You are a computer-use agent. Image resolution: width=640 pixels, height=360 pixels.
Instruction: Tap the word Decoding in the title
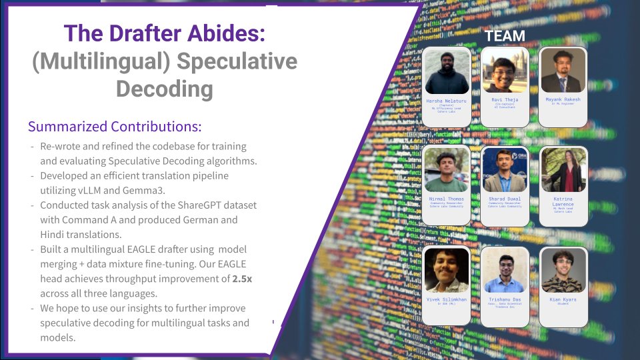point(165,89)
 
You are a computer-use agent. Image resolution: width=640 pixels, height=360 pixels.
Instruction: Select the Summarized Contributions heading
point(115,127)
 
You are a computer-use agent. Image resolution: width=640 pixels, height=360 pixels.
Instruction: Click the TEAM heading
point(504,36)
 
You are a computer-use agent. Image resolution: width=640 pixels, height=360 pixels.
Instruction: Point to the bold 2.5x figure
point(241,279)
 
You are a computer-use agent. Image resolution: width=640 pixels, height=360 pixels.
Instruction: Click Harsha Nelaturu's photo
point(447,72)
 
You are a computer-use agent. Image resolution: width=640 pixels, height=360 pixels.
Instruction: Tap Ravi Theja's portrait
point(505,72)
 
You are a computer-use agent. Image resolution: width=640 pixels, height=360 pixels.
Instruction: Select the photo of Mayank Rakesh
point(563,71)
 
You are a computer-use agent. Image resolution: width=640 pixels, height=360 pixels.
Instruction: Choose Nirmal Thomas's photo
point(447,170)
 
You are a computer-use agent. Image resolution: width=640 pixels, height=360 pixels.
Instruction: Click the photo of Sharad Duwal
point(505,170)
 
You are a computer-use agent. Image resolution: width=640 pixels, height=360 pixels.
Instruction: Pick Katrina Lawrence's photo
point(563,170)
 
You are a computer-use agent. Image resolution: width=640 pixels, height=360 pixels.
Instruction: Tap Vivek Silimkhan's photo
point(447,271)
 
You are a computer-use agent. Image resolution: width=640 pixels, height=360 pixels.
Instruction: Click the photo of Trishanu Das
point(505,271)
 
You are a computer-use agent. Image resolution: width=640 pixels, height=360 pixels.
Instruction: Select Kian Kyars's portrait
point(563,271)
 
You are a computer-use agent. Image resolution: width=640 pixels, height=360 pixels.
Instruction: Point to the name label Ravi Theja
point(505,99)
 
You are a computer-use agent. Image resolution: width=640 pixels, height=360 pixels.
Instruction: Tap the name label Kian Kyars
point(563,299)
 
